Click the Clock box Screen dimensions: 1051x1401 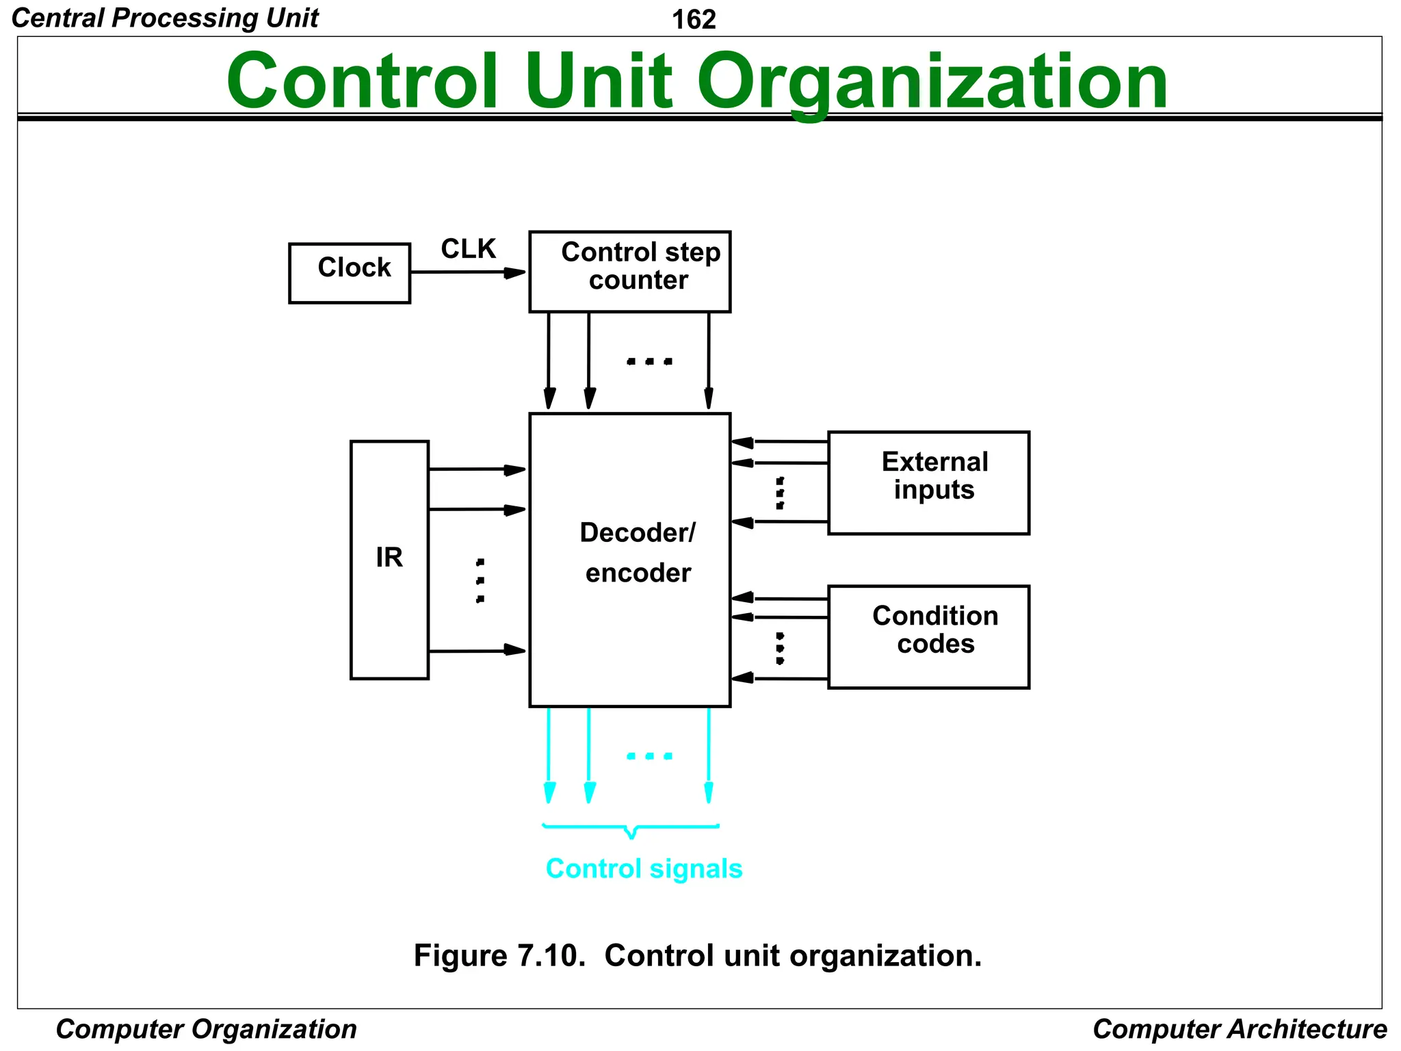click(350, 273)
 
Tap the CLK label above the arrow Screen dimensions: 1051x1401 click(468, 249)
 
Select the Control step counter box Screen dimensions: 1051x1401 click(629, 272)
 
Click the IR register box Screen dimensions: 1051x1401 click(389, 560)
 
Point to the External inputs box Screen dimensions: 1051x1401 click(928, 482)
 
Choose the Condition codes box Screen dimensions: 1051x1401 click(928, 636)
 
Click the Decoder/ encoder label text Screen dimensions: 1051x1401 click(638, 553)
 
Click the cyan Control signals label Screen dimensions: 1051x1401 click(644, 868)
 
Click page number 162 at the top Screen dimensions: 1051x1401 click(694, 20)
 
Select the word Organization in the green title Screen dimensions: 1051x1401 click(932, 82)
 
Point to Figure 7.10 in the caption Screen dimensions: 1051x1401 click(499, 955)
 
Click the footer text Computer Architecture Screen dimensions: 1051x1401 click(1240, 1029)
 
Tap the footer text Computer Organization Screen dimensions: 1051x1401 click(206, 1029)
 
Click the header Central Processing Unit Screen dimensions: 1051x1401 click(165, 18)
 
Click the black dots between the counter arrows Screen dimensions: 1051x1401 click(649, 361)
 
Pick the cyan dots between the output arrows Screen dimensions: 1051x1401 click(649, 756)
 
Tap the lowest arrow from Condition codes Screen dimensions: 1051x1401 click(780, 678)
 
